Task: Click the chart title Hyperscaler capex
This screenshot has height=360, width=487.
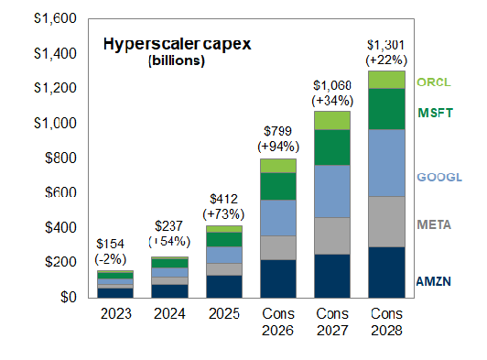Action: pos(177,44)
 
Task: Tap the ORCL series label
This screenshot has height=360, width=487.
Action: pos(434,82)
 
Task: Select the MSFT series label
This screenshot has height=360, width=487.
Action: pos(436,113)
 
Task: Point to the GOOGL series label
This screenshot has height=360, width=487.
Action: pos(439,177)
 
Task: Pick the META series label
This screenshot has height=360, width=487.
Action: pos(434,224)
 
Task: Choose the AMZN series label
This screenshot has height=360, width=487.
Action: pos(434,281)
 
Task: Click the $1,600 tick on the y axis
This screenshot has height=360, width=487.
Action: pos(55,18)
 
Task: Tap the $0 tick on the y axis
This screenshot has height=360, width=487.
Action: pos(69,297)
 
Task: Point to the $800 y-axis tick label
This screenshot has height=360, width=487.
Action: pos(60,158)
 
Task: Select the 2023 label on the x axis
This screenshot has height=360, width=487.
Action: pos(116,313)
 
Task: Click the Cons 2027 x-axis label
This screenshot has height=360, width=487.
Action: pos(332,322)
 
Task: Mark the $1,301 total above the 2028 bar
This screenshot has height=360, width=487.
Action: pos(386,45)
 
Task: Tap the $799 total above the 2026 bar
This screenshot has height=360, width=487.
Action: pos(278,131)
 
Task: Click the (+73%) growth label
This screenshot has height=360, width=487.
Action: pos(223,214)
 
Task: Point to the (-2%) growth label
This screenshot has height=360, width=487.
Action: pos(111,259)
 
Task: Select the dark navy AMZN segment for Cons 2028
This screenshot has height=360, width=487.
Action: pos(386,272)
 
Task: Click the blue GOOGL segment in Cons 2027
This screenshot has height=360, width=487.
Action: pos(332,191)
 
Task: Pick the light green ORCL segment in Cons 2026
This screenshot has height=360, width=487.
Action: pos(278,166)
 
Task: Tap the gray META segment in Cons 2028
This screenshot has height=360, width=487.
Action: pos(386,222)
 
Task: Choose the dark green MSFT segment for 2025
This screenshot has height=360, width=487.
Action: pos(224,239)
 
